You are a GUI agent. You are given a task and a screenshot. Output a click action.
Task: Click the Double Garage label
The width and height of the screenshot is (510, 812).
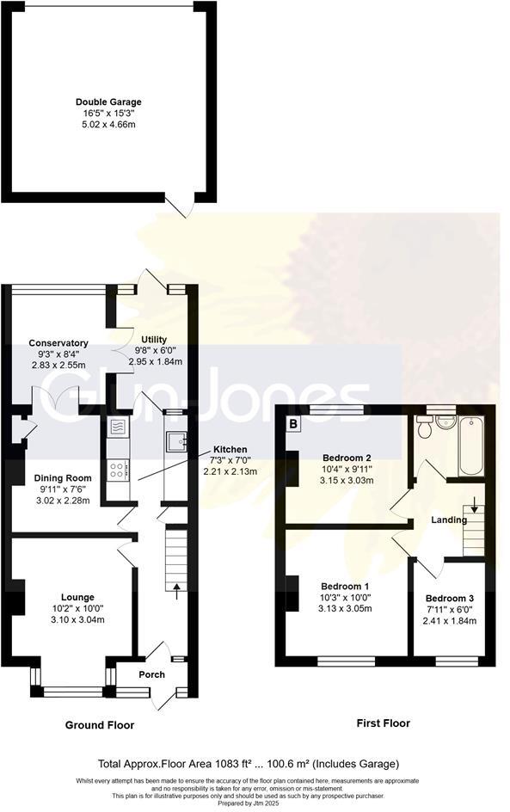pos(108,101)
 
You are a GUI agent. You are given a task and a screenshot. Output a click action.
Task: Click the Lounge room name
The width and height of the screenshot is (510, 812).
pos(77,597)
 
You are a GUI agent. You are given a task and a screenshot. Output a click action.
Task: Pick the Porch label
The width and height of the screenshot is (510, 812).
pos(152,674)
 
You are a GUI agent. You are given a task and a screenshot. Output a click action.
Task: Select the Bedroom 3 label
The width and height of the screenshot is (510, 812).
pos(450,598)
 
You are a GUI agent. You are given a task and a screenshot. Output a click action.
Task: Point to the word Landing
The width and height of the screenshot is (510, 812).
pos(449,520)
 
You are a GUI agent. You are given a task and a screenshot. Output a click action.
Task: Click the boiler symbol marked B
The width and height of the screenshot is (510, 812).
pos(293,423)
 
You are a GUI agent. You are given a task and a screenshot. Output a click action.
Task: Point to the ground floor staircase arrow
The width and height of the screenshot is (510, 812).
pos(177,589)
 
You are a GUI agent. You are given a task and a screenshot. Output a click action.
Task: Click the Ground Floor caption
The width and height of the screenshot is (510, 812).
pos(100,725)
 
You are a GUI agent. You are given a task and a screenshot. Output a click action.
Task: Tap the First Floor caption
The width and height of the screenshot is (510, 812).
pos(384,723)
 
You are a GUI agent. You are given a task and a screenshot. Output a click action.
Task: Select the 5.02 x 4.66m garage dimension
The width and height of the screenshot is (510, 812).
pos(108,124)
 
